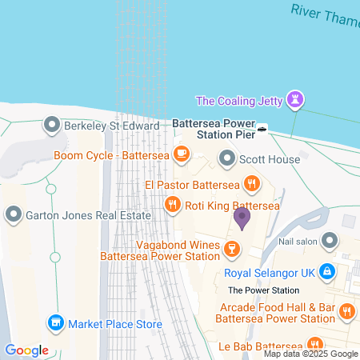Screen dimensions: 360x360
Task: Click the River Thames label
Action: pos(325,13)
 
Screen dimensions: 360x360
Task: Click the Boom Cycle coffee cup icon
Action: pos(182,154)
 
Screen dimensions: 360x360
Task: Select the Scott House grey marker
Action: pos(227,159)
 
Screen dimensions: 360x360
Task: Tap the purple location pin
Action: pos(242,215)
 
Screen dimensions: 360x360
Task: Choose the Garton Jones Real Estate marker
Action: pos(14,214)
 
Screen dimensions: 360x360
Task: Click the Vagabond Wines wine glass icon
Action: pos(231,247)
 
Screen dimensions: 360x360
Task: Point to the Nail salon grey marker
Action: pos(329,239)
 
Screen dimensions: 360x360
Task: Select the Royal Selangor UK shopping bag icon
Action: pos(326,271)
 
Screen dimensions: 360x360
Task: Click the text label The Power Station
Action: pos(263,290)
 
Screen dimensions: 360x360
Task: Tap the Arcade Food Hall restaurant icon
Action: pos(346,310)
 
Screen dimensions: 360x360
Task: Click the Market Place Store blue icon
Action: pos(55,324)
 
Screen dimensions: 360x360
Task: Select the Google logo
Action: pos(26,350)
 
